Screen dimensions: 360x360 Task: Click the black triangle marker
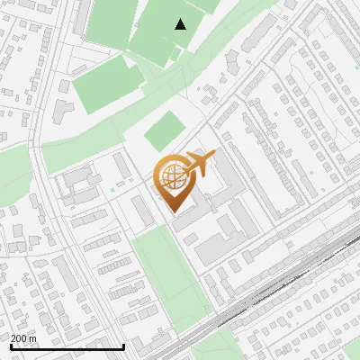click(x=181, y=24)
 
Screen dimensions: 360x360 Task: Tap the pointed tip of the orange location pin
click(x=173, y=211)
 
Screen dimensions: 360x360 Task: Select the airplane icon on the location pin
click(x=199, y=165)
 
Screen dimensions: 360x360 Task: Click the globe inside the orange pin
click(x=172, y=175)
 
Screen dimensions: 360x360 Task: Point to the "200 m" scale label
click(x=23, y=338)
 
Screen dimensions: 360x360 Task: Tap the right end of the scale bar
click(x=123, y=346)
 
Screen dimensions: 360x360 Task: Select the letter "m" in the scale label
click(x=32, y=338)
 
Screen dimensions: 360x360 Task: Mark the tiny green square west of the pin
click(x=112, y=190)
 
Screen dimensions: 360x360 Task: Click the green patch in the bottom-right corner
click(x=347, y=347)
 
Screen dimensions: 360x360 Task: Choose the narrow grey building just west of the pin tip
click(x=143, y=212)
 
